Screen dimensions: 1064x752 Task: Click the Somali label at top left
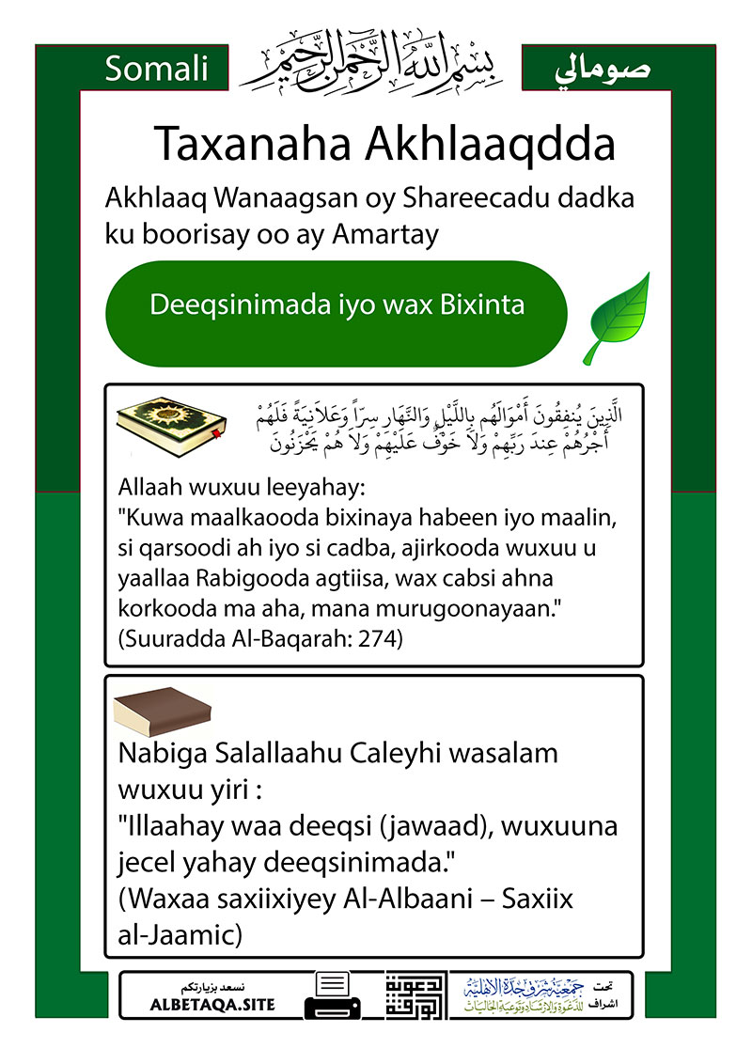point(157,70)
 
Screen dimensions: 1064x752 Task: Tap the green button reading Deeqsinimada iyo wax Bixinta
point(337,306)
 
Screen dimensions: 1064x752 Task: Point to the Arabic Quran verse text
point(442,428)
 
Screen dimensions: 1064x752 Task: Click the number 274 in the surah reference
point(378,639)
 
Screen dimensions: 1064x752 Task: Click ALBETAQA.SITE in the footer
point(212,1005)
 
